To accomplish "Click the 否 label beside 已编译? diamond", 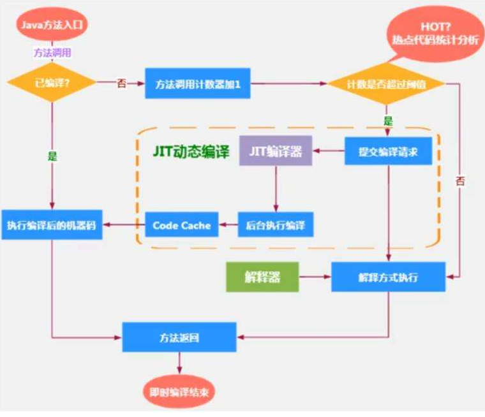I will click(121, 84).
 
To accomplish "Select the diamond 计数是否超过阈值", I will click(387, 84).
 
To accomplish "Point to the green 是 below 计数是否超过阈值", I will click(387, 121).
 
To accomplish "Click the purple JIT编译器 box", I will click(276, 152).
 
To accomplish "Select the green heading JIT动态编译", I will click(191, 153).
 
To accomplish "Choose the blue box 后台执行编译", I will click(276, 225).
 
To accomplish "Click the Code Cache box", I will click(182, 225).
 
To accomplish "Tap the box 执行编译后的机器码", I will click(52, 225).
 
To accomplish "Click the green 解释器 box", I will click(262, 277).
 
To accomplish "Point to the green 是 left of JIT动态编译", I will click(52, 155).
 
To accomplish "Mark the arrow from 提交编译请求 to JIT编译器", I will click(329, 152).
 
